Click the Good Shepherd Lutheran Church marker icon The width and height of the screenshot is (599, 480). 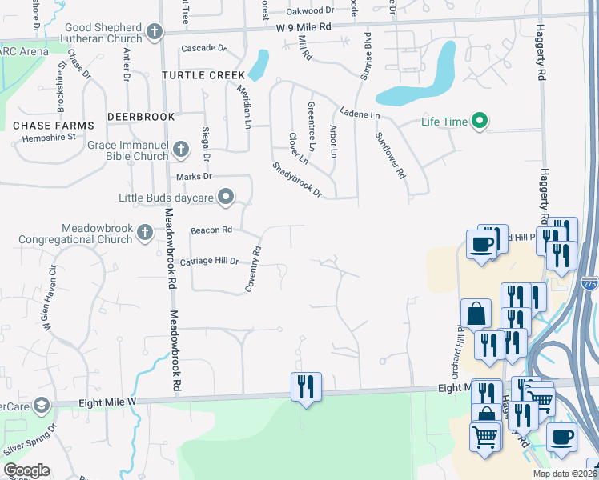155,33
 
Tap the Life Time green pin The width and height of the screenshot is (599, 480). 480,122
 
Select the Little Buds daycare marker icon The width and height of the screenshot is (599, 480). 227,197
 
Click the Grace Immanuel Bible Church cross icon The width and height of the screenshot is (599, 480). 182,148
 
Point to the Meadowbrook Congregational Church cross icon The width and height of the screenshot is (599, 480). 144,233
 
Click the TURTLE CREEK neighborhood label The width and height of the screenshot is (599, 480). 203,75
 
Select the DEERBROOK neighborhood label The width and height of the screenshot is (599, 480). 142,117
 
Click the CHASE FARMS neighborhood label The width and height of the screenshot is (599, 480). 54,126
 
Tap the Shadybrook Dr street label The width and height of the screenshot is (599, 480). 296,181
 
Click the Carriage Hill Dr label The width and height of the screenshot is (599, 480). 210,261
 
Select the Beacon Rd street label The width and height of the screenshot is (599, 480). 211,230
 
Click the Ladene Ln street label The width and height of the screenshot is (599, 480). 359,114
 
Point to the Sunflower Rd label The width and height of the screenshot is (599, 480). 391,154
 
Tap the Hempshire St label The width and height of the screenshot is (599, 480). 44,137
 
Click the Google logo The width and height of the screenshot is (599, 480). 26,470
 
